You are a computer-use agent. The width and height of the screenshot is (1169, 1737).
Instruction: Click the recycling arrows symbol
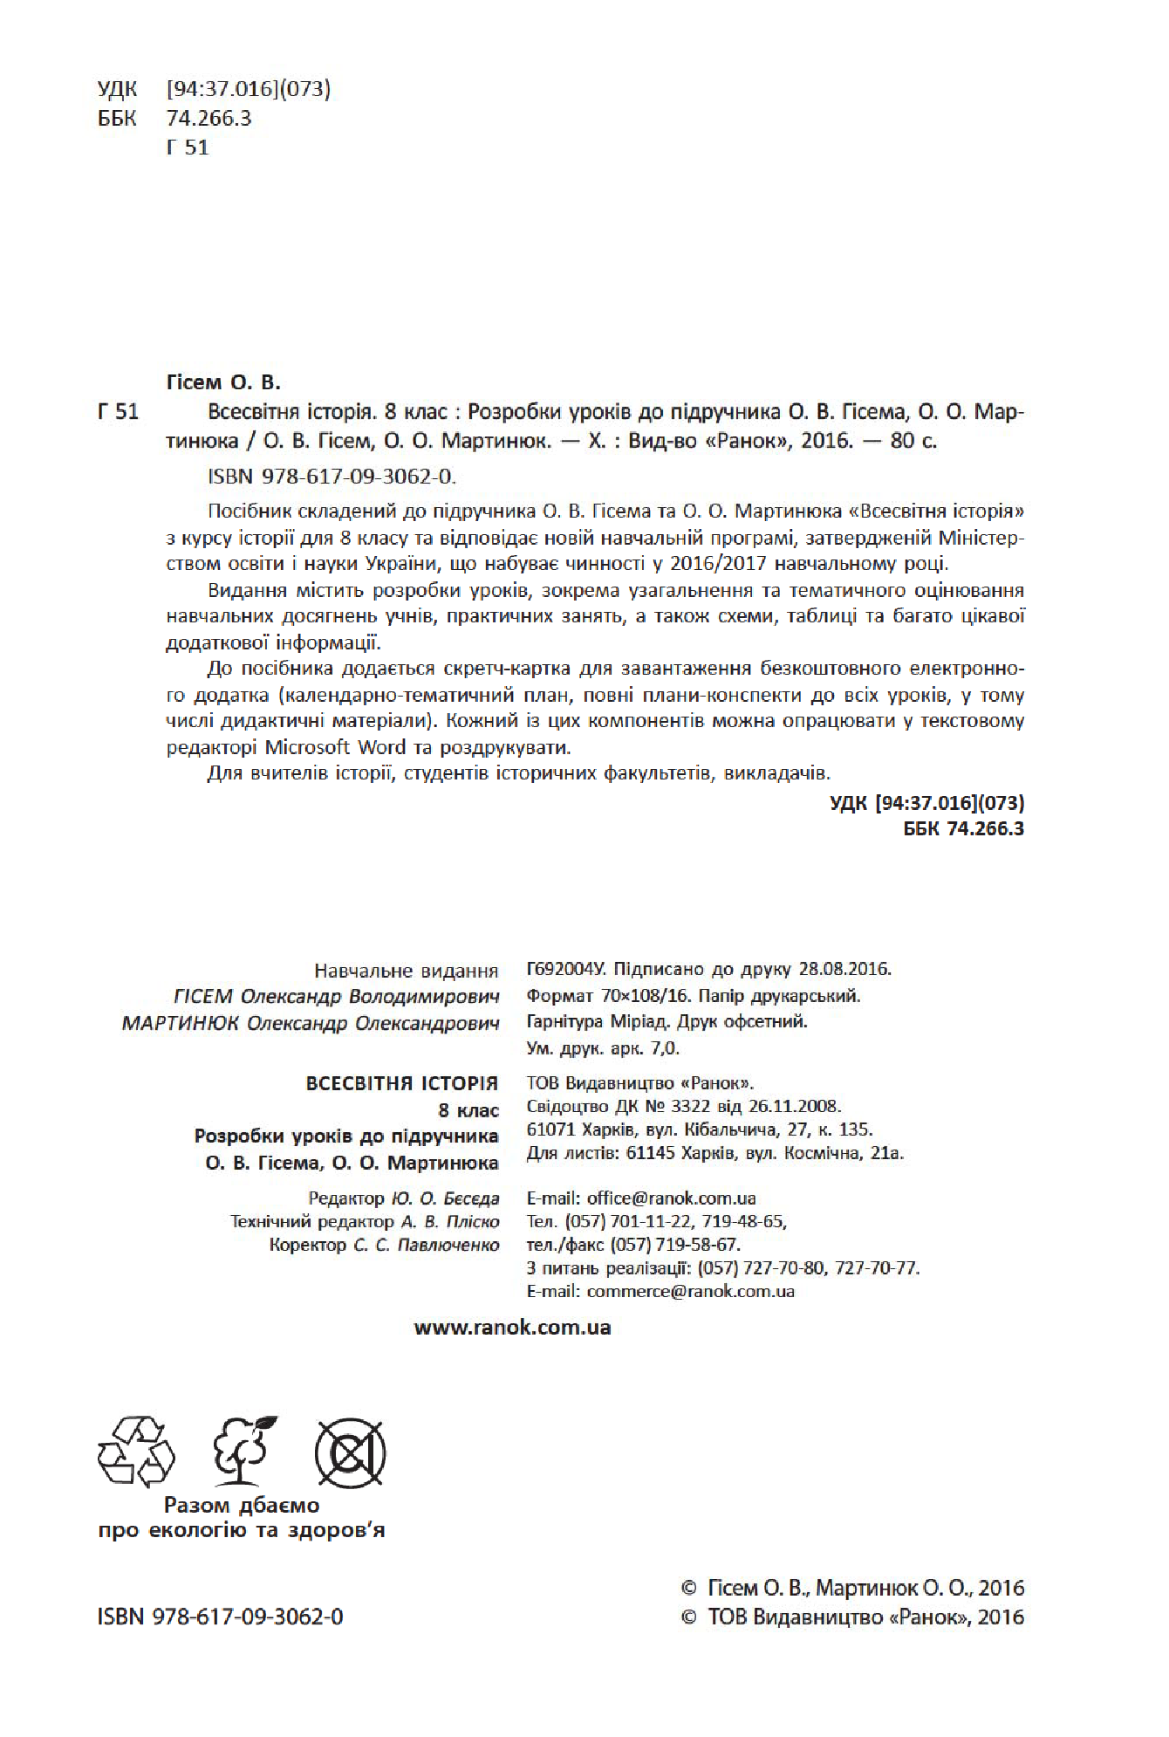coord(136,1451)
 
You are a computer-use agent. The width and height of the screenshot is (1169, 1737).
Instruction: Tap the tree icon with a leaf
coord(245,1451)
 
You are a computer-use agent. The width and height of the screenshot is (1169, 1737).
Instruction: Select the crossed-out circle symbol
coord(351,1452)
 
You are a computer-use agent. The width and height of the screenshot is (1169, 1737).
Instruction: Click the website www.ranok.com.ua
coord(512,1328)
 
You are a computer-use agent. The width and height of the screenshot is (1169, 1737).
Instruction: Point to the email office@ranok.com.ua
coord(671,1198)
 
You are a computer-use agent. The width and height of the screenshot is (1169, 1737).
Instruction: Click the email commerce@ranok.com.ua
coord(690,1291)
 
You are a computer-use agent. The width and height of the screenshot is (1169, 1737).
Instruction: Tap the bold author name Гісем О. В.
coord(223,382)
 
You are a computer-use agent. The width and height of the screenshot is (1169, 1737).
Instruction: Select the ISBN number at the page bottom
coord(220,1617)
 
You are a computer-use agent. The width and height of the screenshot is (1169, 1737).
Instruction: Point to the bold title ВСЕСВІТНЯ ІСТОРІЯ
coord(402,1083)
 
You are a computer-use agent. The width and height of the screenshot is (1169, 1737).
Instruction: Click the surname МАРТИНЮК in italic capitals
coord(181,1022)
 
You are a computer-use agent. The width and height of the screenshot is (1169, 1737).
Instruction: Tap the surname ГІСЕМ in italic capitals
coord(203,996)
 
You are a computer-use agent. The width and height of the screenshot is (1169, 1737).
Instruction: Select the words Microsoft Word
coord(335,747)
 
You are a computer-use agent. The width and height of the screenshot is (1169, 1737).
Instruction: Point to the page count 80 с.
coord(913,441)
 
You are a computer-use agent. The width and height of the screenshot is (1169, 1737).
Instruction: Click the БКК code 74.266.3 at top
coord(209,118)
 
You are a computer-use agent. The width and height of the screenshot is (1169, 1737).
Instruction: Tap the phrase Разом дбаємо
coord(242,1505)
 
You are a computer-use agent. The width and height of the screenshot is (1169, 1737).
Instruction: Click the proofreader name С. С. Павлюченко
coord(426,1245)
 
